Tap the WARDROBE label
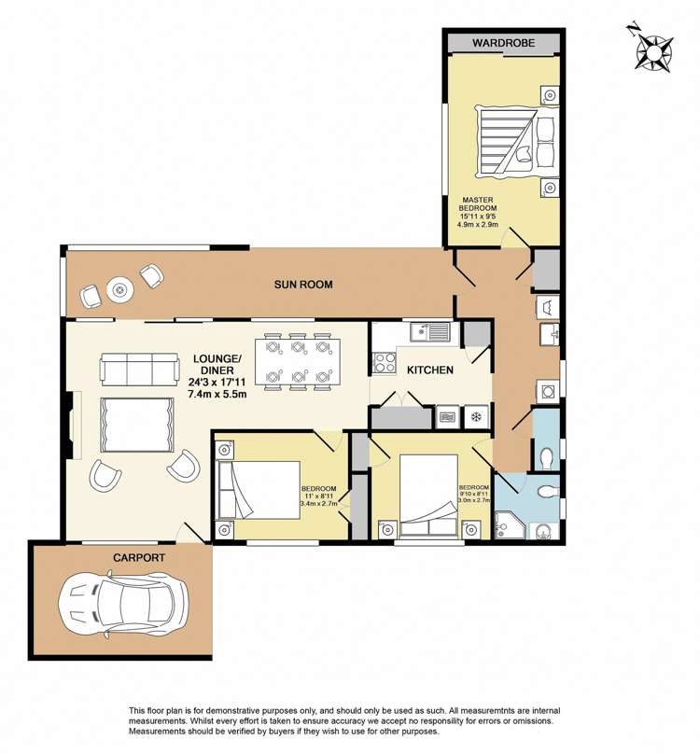click(x=503, y=43)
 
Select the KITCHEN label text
click(x=430, y=370)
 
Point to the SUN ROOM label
click(x=302, y=285)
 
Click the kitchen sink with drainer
click(x=429, y=330)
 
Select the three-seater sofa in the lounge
click(x=139, y=369)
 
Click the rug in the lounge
click(x=136, y=424)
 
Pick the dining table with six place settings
click(x=297, y=361)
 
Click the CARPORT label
click(x=139, y=557)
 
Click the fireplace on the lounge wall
click(x=75, y=424)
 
